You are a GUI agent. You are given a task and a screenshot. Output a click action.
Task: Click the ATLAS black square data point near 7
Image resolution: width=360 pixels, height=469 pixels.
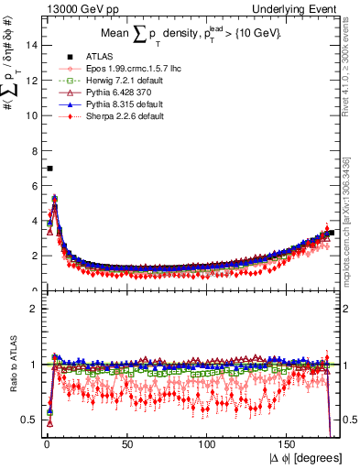click(49, 169)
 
